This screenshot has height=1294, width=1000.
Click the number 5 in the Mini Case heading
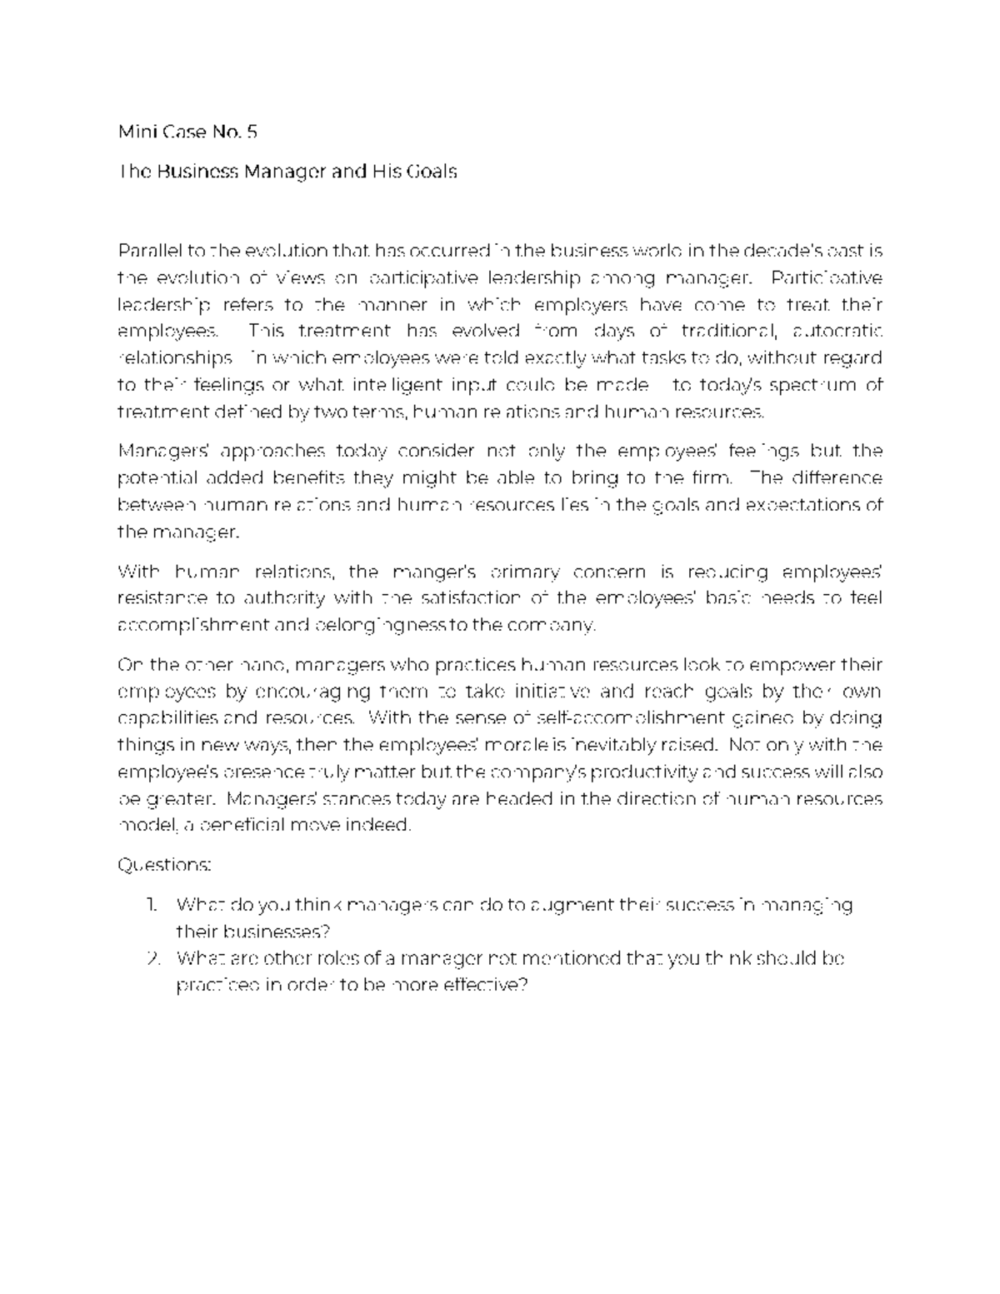pyautogui.click(x=252, y=132)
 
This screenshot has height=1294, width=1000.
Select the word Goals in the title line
pyautogui.click(x=431, y=172)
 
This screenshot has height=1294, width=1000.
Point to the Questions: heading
pyautogui.click(x=164, y=865)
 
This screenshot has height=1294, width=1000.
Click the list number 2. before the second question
pyautogui.click(x=152, y=958)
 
